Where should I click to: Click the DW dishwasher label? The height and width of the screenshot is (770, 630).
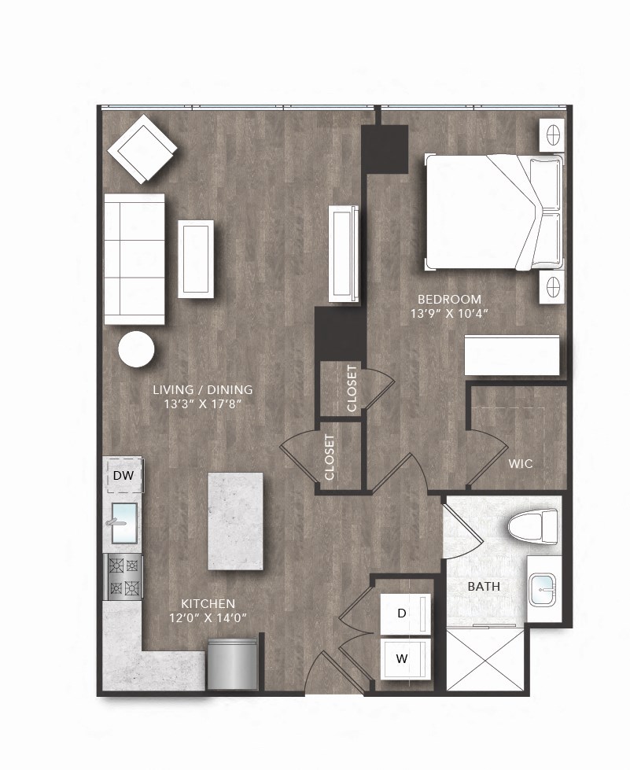point(123,475)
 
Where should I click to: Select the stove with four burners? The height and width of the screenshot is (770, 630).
point(123,577)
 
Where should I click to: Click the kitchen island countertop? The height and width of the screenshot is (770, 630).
point(234,521)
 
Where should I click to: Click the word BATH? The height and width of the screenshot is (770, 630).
point(484,586)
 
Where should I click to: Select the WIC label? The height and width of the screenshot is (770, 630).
point(521,464)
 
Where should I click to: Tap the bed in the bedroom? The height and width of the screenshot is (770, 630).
point(494,212)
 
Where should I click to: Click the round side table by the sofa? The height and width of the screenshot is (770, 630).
point(137,348)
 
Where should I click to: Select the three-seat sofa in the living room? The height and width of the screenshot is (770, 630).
point(134,258)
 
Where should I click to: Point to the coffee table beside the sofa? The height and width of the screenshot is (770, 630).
point(196,259)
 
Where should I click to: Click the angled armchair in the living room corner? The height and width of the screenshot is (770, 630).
point(142,148)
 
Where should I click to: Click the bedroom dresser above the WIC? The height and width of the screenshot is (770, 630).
point(512,356)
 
